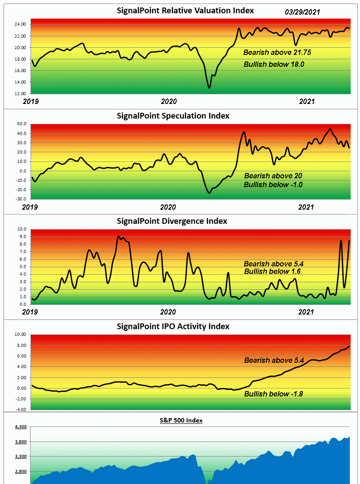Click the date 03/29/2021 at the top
(x=302, y=12)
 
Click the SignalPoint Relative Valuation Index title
(x=186, y=10)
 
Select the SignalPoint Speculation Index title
(x=173, y=116)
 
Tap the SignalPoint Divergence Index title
(x=172, y=221)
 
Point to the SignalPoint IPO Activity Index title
(x=173, y=327)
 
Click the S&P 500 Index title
(x=181, y=420)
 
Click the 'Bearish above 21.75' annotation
(x=277, y=52)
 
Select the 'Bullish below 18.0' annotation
(x=274, y=64)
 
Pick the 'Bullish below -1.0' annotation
(x=273, y=184)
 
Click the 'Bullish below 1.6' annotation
(x=273, y=271)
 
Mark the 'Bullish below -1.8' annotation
(x=274, y=394)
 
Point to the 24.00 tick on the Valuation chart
(x=20, y=24)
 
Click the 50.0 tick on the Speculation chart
(x=21, y=124)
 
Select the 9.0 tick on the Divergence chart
(x=22, y=237)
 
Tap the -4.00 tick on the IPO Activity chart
(x=19, y=410)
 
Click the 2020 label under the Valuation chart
(x=169, y=101)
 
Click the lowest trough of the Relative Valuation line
(x=209, y=88)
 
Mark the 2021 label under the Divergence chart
(x=306, y=312)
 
